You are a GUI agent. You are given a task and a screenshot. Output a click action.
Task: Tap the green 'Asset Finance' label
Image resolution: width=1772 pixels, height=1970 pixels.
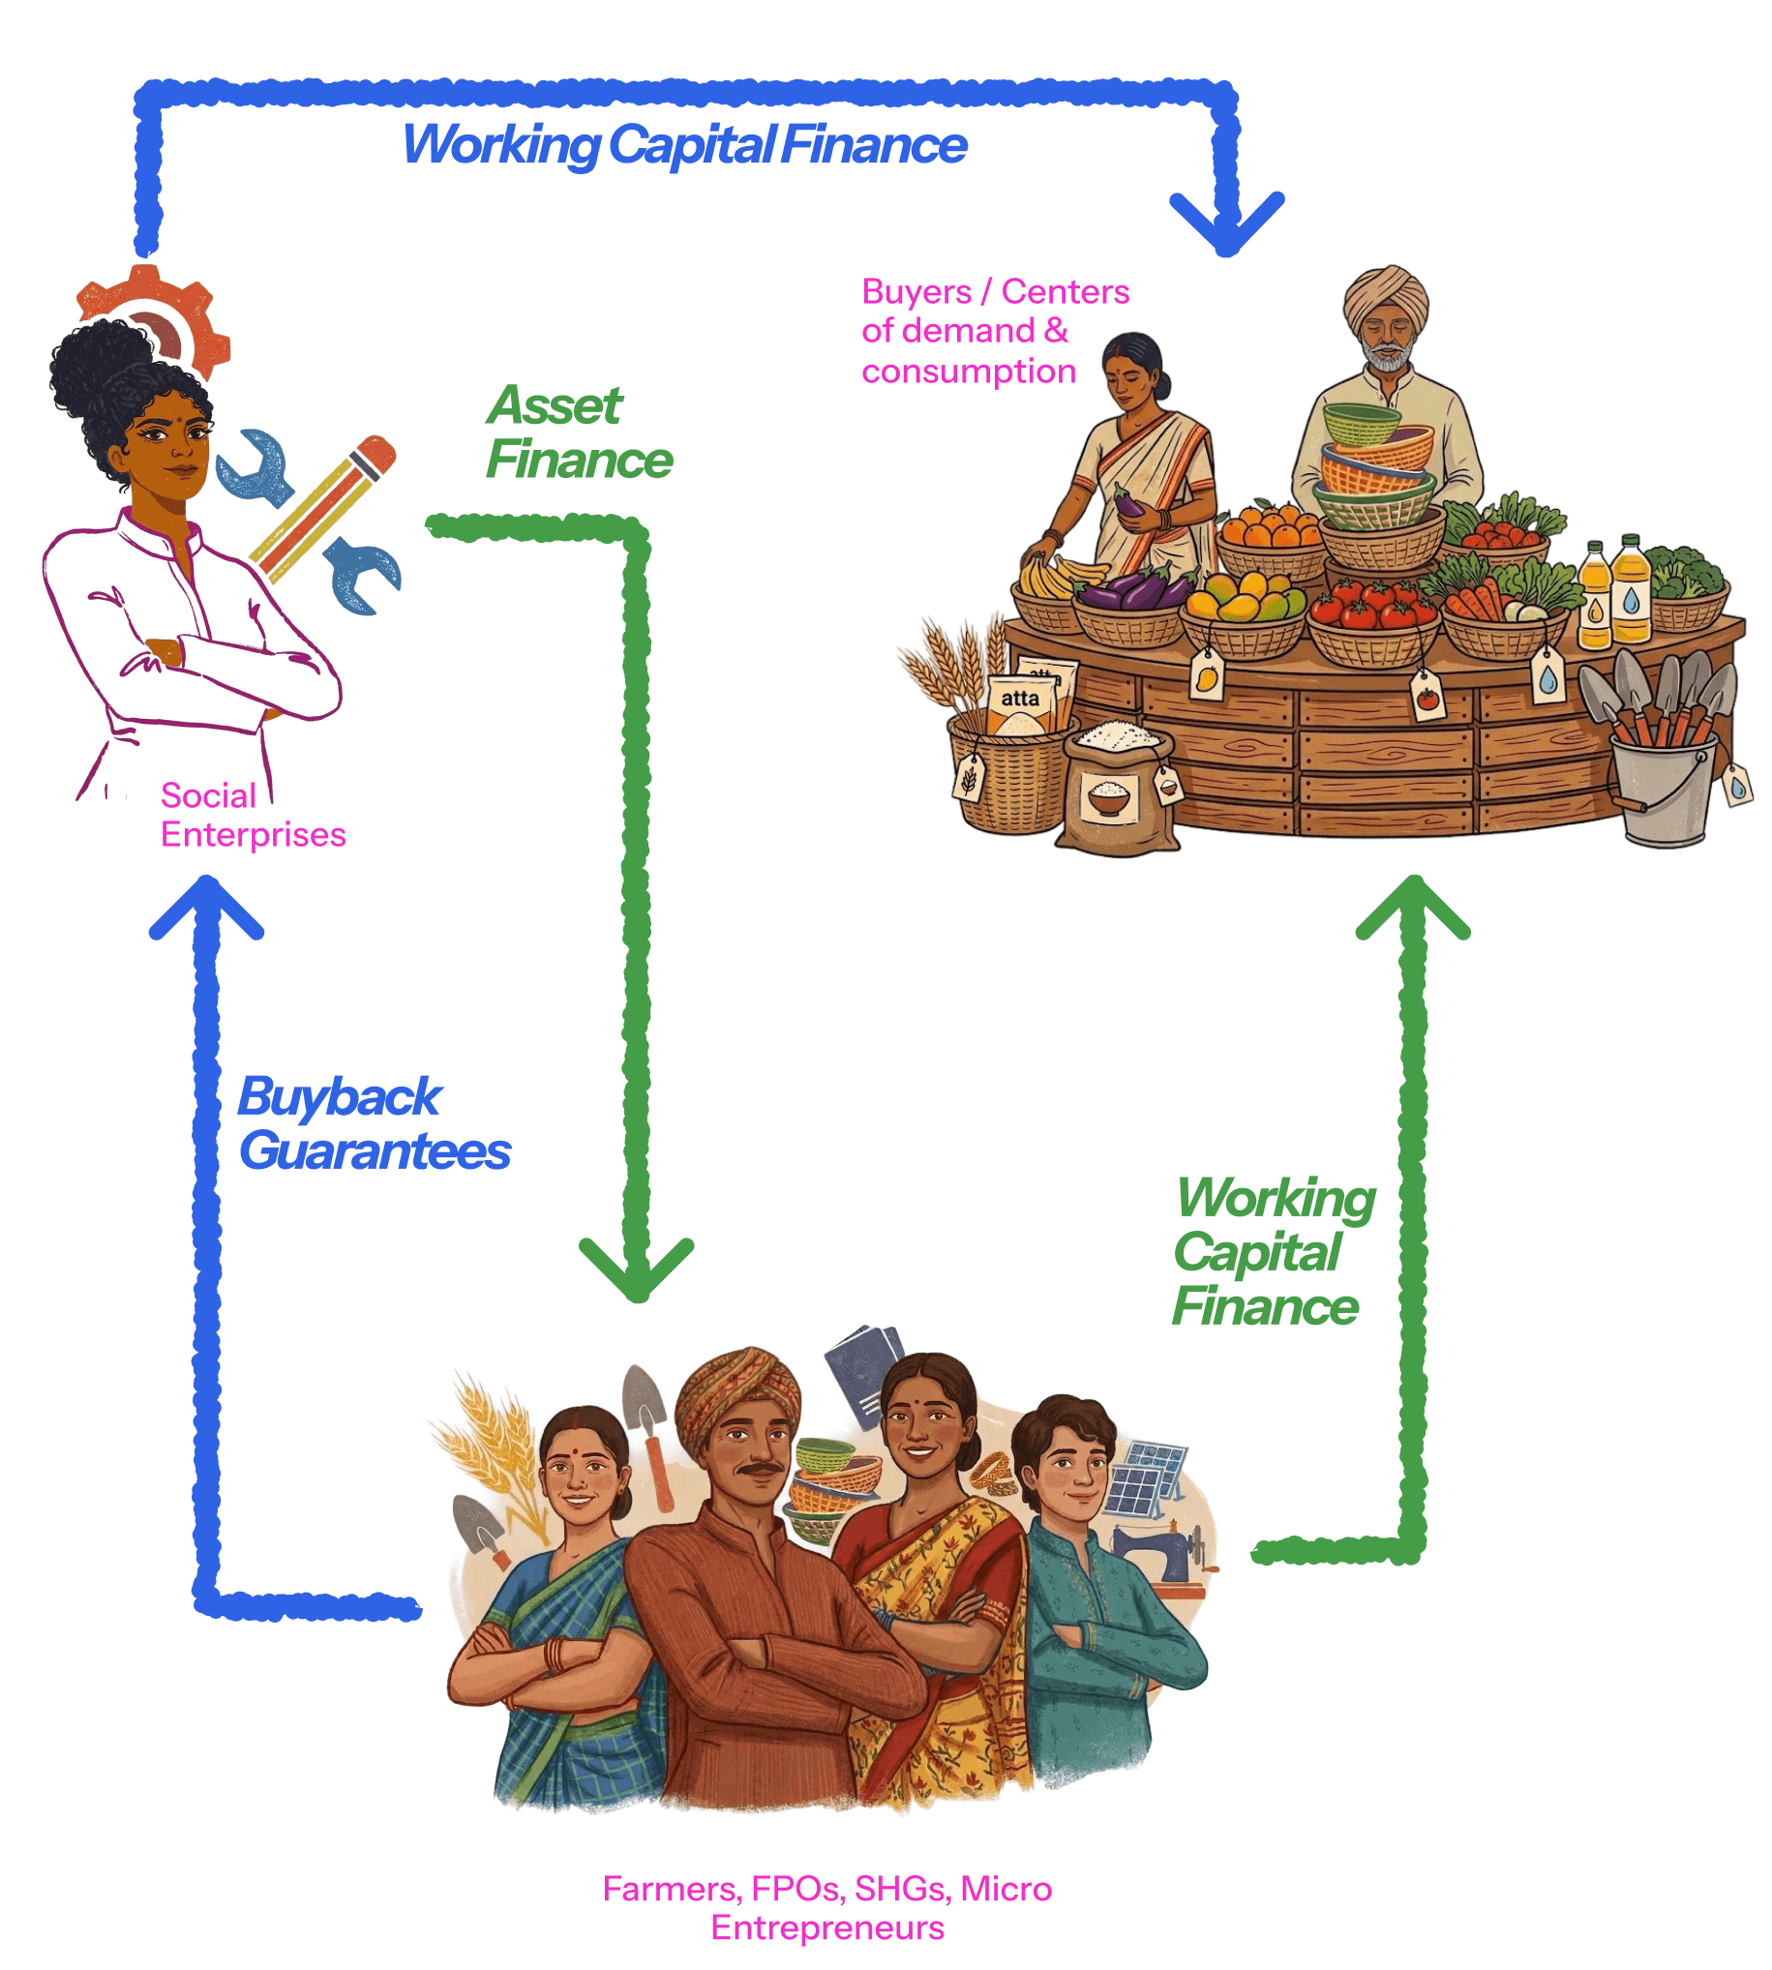pos(579,433)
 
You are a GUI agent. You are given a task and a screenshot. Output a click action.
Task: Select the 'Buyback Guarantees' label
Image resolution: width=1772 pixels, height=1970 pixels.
pos(374,1123)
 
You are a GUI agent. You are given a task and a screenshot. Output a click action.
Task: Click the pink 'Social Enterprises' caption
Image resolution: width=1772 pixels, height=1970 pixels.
pos(253,815)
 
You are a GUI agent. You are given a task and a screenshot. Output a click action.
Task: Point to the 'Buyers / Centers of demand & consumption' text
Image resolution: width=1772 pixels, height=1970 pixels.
pos(993,331)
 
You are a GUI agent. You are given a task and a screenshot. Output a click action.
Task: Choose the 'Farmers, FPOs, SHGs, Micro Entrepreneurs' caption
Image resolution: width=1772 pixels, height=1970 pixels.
pos(826,1908)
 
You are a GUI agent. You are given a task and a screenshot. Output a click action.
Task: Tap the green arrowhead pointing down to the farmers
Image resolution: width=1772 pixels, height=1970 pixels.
pos(636,1269)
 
